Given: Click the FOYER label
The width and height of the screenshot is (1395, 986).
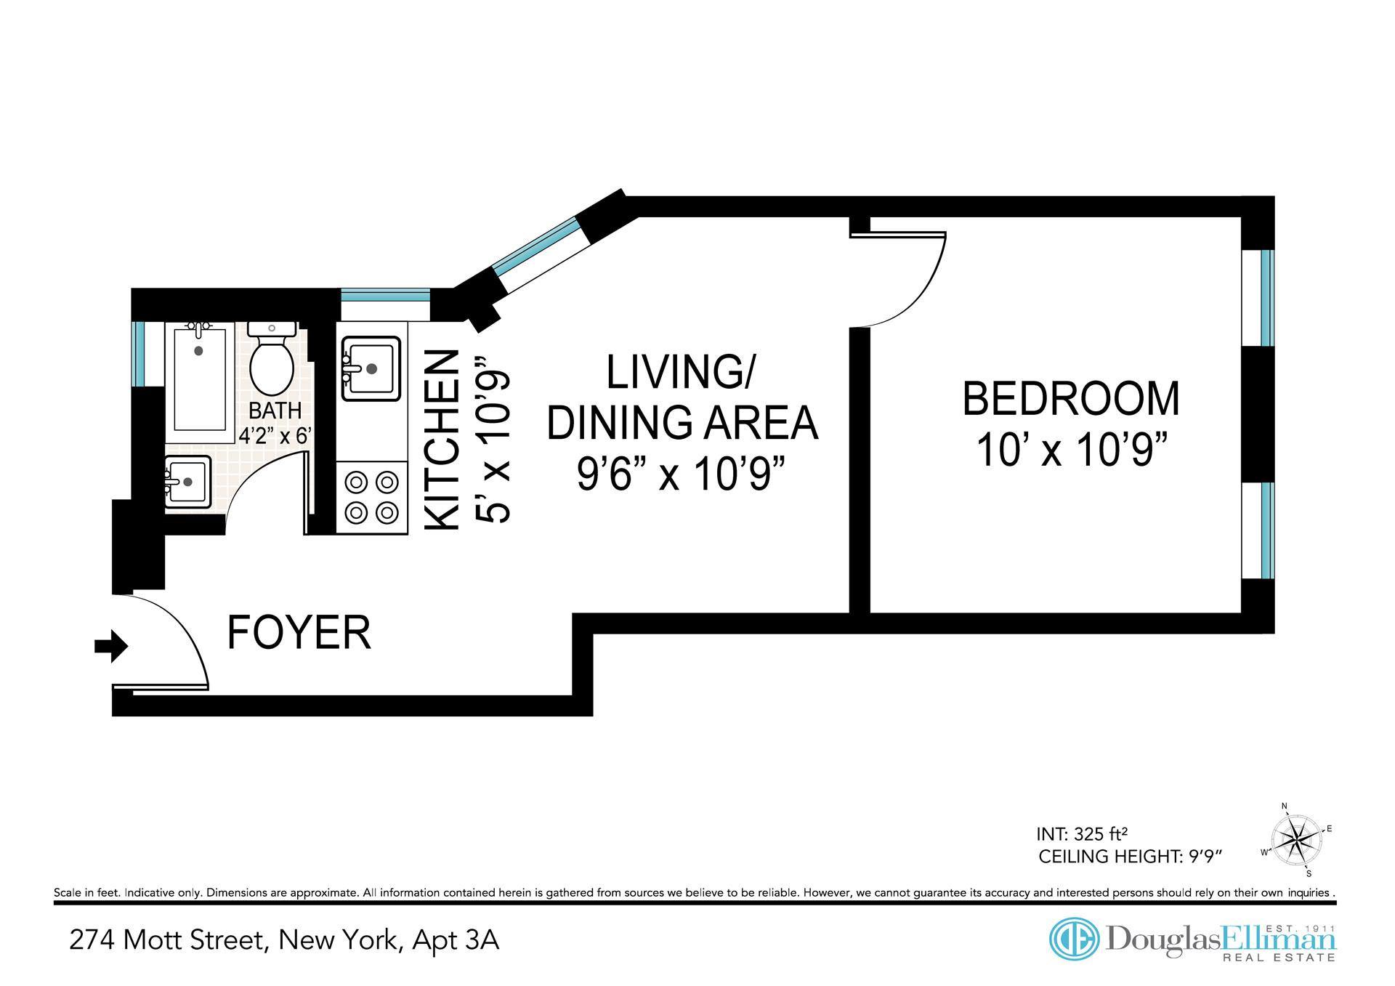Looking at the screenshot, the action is pyautogui.click(x=299, y=632).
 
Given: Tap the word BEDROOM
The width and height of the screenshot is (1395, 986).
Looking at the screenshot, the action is pyautogui.click(x=1072, y=399).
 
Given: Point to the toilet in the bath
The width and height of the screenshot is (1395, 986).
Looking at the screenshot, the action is pyautogui.click(x=272, y=358).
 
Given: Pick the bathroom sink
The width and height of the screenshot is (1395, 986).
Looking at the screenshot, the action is pyautogui.click(x=187, y=482).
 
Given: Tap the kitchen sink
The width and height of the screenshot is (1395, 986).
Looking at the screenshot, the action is pyautogui.click(x=371, y=368).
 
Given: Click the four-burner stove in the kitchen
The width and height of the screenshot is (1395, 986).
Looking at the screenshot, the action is pyautogui.click(x=372, y=498).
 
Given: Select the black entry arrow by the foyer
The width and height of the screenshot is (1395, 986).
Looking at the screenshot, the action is pyautogui.click(x=111, y=646).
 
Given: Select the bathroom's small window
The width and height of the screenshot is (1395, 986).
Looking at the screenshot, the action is pyautogui.click(x=137, y=354).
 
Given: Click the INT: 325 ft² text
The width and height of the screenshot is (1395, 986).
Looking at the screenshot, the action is pyautogui.click(x=1085, y=833).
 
